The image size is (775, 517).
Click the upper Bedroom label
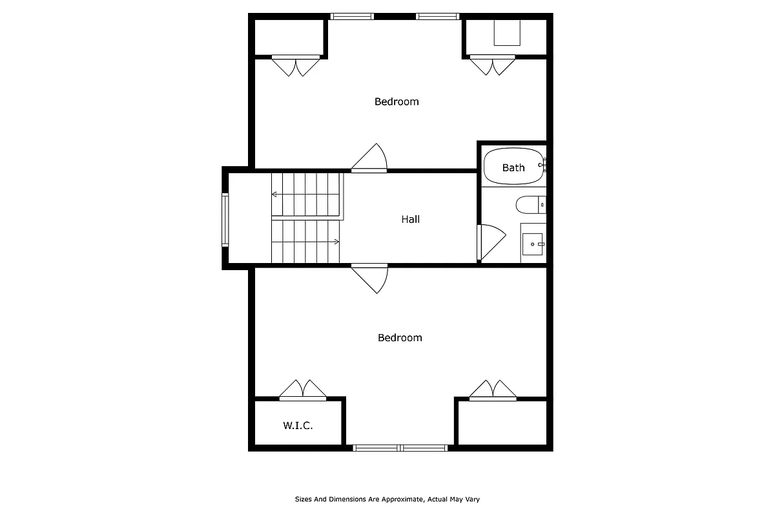coord(397,101)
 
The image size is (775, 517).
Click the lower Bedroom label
coord(400,337)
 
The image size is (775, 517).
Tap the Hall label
coord(411,219)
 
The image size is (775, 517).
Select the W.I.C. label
coord(298,425)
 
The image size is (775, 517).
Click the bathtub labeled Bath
coord(513,167)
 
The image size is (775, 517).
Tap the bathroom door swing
coord(488,241)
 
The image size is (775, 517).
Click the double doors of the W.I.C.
coord(302,390)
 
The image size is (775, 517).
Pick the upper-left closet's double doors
coord(296,66)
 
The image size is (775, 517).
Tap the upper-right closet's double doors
coord(493,66)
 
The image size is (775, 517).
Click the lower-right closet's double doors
coord(493,390)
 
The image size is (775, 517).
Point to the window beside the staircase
coord(225,220)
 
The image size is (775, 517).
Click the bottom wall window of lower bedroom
coord(400,447)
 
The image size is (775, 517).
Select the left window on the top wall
coord(352,16)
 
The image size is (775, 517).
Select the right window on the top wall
coord(438,16)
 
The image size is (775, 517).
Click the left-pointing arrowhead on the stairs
coord(274,194)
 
